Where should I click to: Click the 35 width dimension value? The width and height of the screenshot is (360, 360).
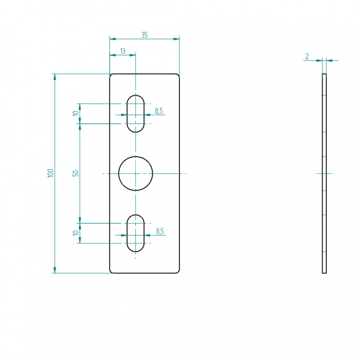click(x=145, y=35)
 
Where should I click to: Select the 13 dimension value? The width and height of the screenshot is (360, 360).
click(x=123, y=51)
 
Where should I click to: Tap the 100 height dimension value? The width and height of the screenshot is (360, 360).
click(x=50, y=173)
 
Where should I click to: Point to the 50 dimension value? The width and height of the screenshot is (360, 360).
click(x=76, y=173)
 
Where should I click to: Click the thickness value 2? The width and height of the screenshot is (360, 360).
click(x=307, y=56)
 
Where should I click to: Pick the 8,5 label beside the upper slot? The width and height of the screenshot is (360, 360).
click(x=159, y=111)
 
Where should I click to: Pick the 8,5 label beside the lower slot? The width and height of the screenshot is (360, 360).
click(x=160, y=231)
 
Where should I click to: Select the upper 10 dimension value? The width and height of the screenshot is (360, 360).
click(x=76, y=114)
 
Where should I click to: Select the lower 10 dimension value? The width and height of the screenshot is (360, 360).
click(x=76, y=233)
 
